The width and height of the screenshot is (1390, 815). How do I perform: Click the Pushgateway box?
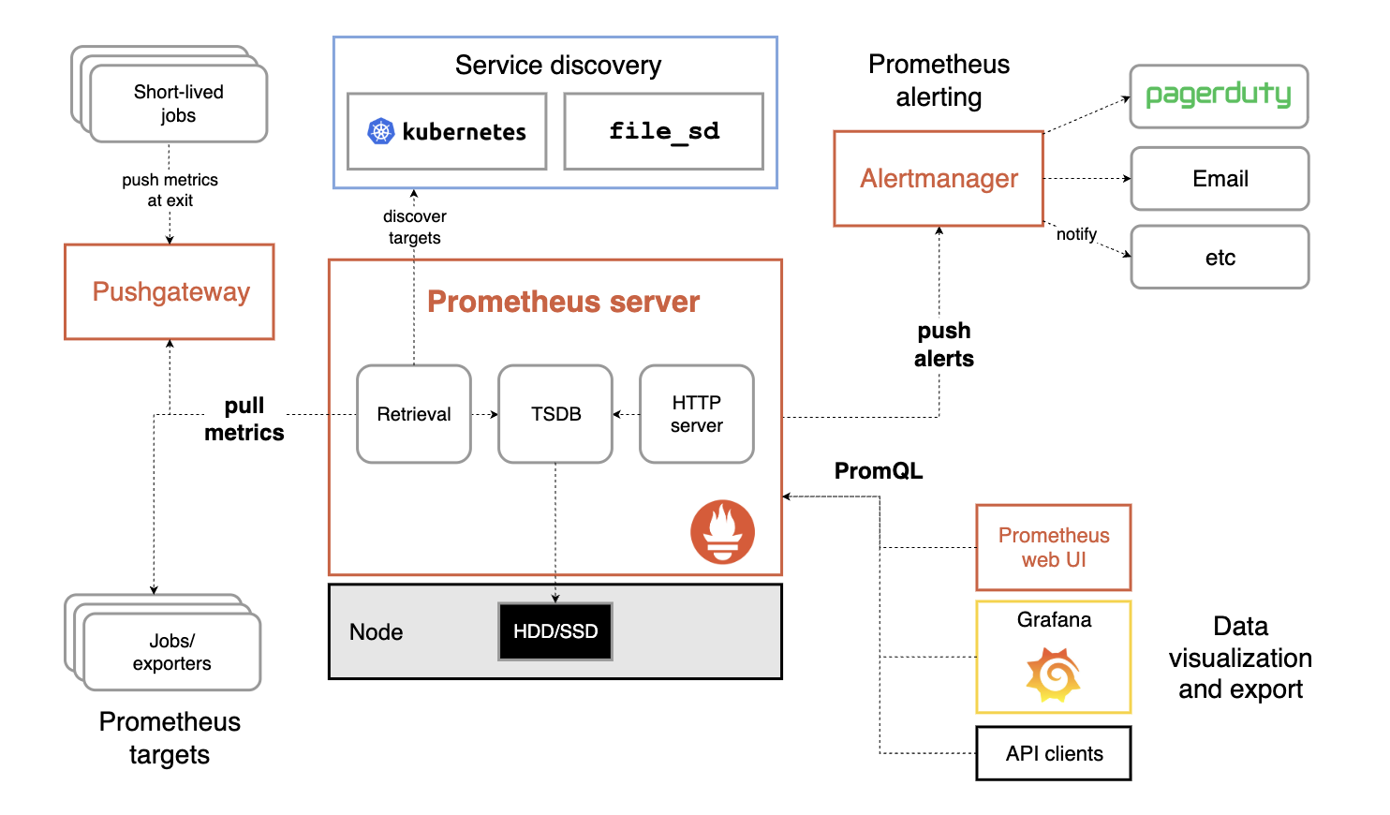pyautogui.click(x=170, y=292)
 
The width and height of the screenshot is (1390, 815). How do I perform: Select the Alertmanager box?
pyautogui.click(x=939, y=179)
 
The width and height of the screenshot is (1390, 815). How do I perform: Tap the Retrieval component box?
pyautogui.click(x=414, y=414)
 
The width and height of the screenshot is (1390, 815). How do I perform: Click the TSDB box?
pyautogui.click(x=555, y=414)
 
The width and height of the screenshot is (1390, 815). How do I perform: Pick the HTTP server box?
pyautogui.click(x=697, y=414)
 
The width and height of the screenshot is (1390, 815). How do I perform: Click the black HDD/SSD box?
pyautogui.click(x=555, y=631)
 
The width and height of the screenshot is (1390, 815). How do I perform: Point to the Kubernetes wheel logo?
pyautogui.click(x=380, y=132)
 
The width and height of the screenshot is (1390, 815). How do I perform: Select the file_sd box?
pyautogui.click(x=663, y=131)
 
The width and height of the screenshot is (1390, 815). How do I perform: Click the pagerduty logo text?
pyautogui.click(x=1218, y=95)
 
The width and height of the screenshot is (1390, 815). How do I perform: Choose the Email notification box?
pyautogui.click(x=1220, y=179)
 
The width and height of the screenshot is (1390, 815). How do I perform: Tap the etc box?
pyautogui.click(x=1220, y=258)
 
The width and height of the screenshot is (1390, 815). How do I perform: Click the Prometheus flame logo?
pyautogui.click(x=722, y=532)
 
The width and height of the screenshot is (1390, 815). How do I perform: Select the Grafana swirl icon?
pyautogui.click(x=1054, y=676)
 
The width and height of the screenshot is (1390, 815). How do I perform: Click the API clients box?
pyautogui.click(x=1054, y=753)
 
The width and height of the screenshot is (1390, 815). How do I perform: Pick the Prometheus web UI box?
pyautogui.click(x=1054, y=547)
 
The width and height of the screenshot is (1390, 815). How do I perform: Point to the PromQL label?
pyautogui.click(x=879, y=471)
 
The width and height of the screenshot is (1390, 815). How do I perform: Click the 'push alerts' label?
pyautogui.click(x=944, y=345)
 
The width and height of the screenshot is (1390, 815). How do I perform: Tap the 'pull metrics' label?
pyautogui.click(x=244, y=419)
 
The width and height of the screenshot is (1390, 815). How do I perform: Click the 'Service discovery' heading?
pyautogui.click(x=558, y=66)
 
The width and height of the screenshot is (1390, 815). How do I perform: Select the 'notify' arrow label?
pyautogui.click(x=1076, y=234)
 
